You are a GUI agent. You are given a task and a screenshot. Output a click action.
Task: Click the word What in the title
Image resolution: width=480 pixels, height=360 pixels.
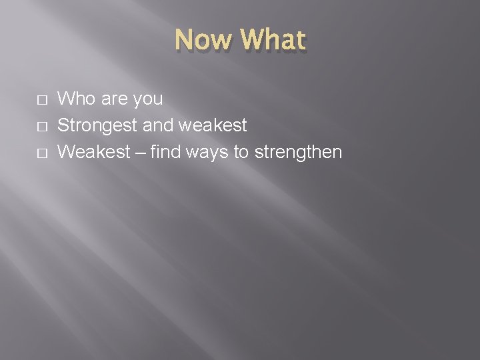(x=274, y=41)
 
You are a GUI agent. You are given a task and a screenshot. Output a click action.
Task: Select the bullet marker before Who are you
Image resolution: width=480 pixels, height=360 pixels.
(x=42, y=100)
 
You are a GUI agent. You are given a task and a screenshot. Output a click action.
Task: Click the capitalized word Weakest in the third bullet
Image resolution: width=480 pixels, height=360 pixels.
(x=94, y=152)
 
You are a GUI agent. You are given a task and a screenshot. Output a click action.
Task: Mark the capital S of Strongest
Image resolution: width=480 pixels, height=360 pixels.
(x=63, y=125)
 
